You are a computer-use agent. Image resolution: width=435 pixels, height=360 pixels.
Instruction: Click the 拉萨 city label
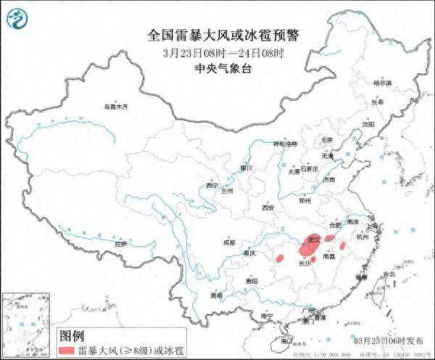pos(120,243)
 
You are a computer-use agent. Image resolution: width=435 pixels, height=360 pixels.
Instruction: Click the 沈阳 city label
pos(369,124)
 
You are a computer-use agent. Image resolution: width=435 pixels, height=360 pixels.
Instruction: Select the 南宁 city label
pos(266,316)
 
